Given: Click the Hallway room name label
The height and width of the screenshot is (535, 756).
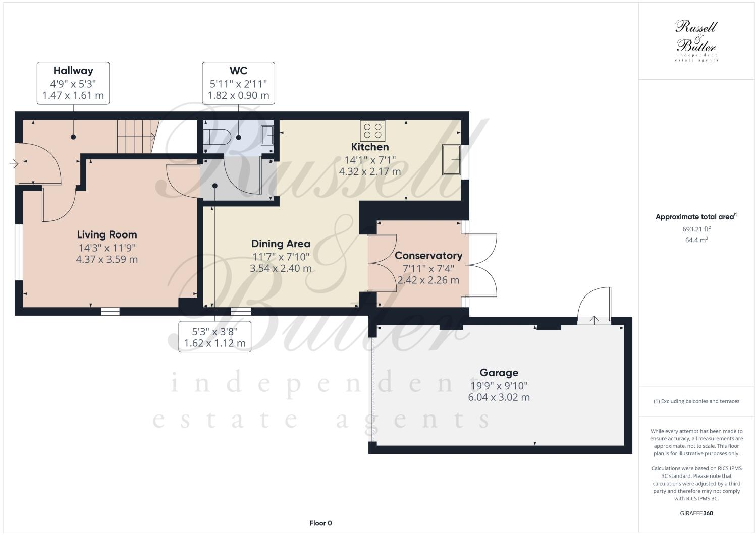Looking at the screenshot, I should [x=73, y=71].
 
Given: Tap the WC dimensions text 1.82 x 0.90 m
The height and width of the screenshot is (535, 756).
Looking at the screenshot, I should [x=238, y=95].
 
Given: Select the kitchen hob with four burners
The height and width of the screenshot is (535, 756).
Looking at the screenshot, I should [x=373, y=131].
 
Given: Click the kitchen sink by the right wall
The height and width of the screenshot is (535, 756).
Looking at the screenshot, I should [x=451, y=159].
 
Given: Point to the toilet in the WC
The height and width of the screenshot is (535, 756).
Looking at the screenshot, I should [x=217, y=136].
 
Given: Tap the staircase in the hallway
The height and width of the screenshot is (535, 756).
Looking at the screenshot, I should [x=135, y=136].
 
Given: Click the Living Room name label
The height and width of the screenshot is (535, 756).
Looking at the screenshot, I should [x=106, y=234].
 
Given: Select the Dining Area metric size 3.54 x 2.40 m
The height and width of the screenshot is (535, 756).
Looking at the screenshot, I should [x=281, y=268].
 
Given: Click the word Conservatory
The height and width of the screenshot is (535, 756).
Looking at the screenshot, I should [x=428, y=255].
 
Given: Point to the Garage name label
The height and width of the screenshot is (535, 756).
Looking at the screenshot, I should [x=499, y=373].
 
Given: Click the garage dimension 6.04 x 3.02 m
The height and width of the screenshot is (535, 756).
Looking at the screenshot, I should [x=499, y=397].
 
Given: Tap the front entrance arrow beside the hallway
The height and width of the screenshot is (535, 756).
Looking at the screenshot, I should [x=14, y=163].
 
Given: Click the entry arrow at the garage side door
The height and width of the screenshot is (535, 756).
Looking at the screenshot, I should [x=595, y=320].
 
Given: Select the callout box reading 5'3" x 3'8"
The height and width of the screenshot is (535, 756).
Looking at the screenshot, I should [x=214, y=337].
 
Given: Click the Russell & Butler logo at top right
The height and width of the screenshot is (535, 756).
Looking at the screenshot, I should [x=696, y=40].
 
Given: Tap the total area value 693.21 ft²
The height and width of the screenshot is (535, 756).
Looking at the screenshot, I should [x=696, y=229].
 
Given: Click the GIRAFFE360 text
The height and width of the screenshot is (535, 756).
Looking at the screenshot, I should [x=696, y=514].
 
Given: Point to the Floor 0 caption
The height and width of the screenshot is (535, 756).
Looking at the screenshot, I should [x=320, y=523].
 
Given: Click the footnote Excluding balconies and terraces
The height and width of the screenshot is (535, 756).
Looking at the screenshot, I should [x=696, y=401].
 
